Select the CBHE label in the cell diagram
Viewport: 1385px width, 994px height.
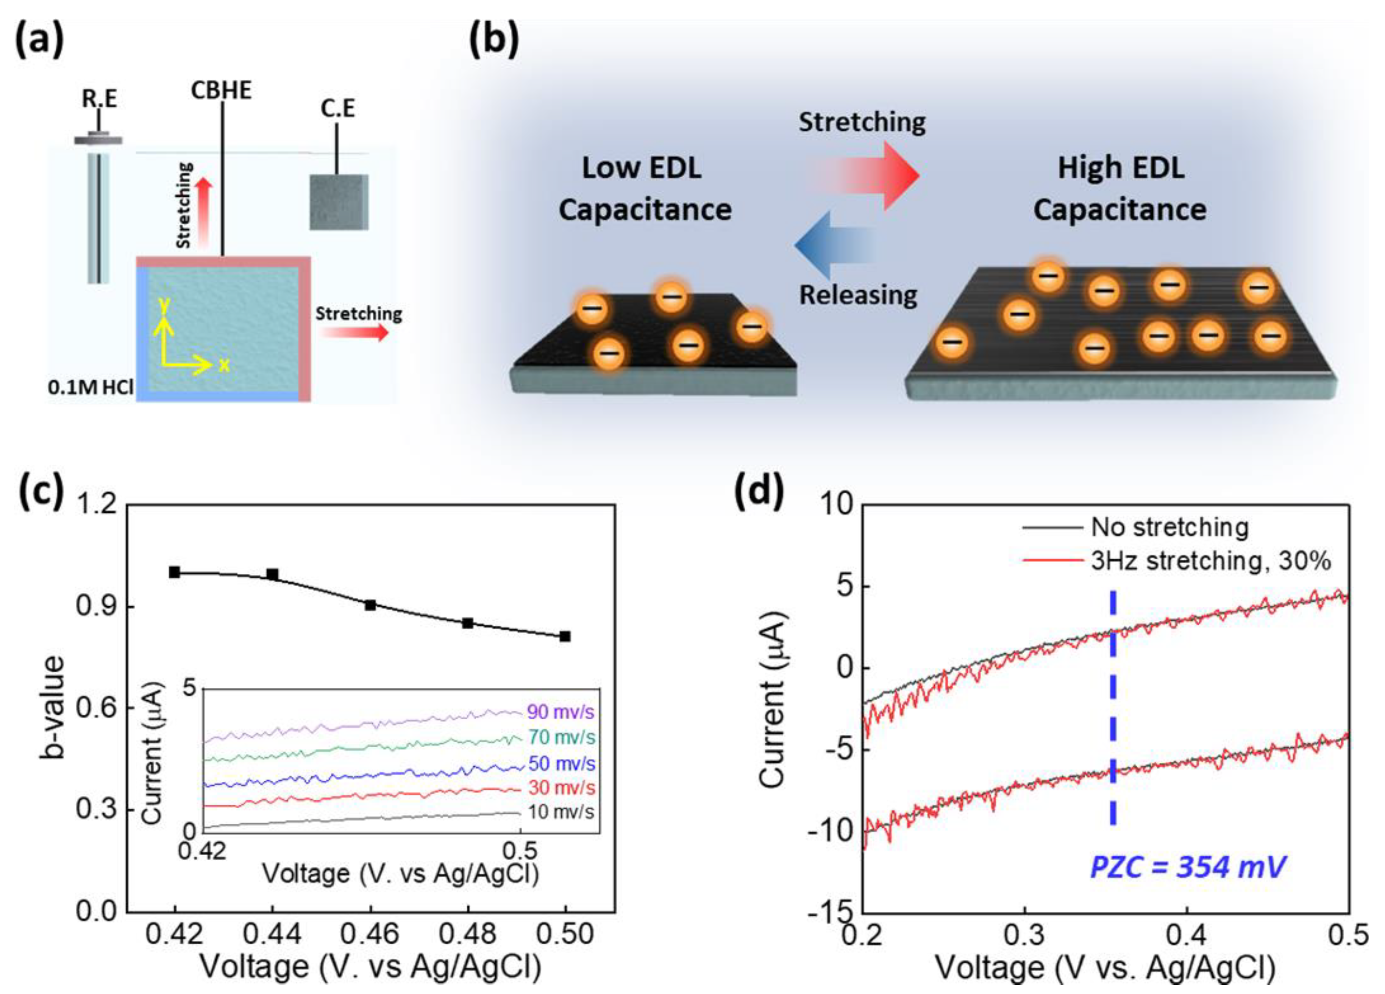221,91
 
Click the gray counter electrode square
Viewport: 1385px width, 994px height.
338,202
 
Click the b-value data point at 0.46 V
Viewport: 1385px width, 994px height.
370,605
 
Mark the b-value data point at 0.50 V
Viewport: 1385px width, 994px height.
565,637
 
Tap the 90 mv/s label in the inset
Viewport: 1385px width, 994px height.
561,712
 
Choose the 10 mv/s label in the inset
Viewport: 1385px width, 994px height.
561,812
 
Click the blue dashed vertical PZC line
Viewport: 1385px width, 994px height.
1113,709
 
